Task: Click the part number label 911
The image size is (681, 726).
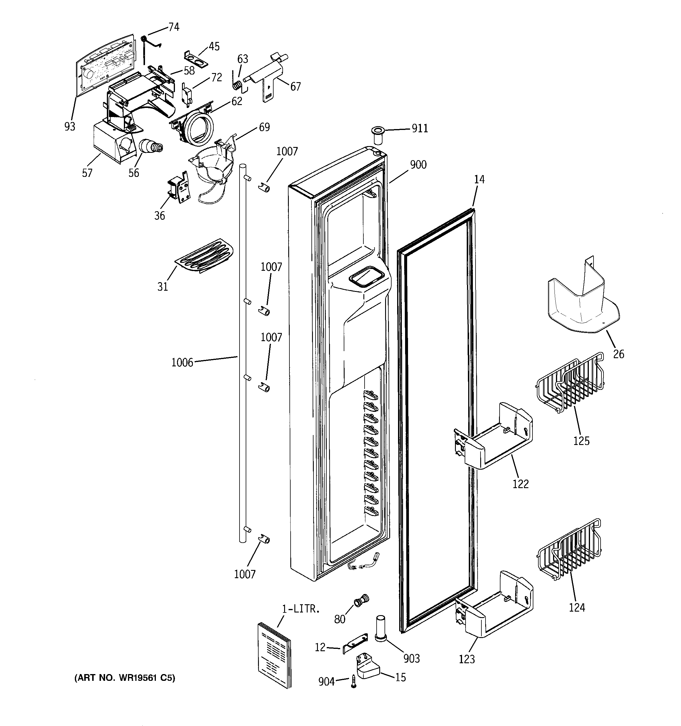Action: [x=420, y=128]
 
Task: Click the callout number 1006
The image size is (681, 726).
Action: [x=182, y=362]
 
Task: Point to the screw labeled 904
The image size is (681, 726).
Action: [x=353, y=681]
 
